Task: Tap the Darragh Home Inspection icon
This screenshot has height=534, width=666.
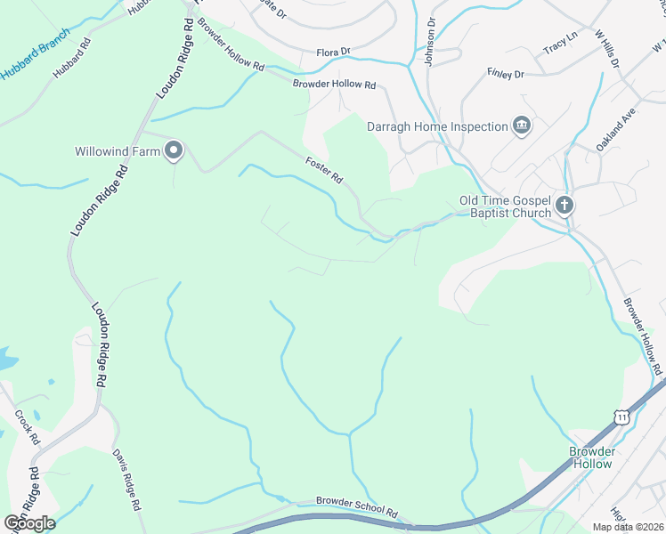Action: tap(522, 126)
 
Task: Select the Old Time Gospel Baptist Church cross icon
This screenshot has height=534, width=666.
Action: tap(564, 206)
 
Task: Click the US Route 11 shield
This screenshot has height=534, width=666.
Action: tap(621, 416)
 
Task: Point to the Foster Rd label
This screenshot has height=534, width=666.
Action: tap(324, 170)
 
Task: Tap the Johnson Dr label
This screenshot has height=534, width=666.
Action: tap(432, 36)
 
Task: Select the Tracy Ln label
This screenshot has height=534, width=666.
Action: tap(560, 43)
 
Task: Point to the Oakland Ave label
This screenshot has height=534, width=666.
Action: tap(614, 129)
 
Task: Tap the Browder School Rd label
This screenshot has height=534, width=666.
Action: tap(356, 508)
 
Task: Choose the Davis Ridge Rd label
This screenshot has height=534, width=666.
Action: tap(126, 479)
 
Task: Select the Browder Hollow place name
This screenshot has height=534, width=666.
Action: tap(592, 457)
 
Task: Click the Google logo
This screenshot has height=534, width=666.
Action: tap(29, 522)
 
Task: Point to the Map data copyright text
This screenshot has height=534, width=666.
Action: tap(628, 527)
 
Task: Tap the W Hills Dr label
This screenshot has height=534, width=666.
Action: tap(607, 50)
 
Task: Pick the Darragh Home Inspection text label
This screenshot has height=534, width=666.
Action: tap(437, 126)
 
